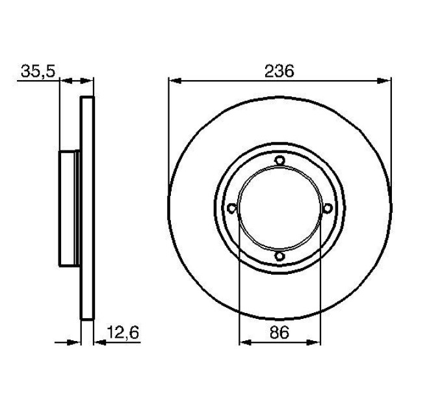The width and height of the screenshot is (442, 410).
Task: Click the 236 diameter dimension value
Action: (279, 71)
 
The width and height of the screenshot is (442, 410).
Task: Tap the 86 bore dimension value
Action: (279, 332)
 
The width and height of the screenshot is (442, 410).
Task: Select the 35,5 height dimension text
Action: (38, 72)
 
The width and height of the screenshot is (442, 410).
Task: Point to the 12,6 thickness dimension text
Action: (123, 333)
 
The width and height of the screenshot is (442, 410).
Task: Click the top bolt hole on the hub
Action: (279, 160)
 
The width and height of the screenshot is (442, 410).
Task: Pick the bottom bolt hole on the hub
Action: (279, 256)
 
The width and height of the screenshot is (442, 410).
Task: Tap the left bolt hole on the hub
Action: (231, 208)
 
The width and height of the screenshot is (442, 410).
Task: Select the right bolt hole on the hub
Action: (327, 208)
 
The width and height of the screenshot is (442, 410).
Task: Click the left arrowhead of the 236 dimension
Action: (174, 81)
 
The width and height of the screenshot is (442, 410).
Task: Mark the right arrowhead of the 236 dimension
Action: (384, 81)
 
